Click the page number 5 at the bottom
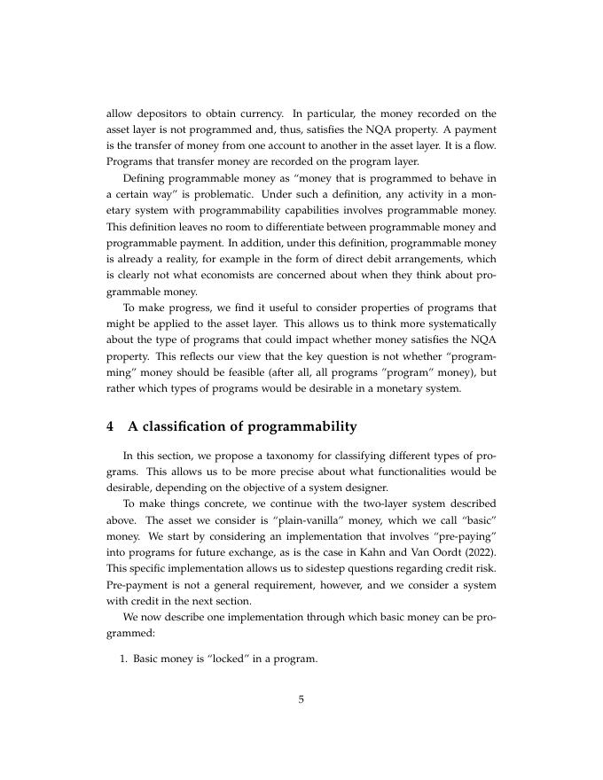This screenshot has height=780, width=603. click(301, 699)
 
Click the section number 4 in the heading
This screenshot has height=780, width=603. click(110, 426)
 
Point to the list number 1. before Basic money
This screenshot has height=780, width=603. click(124, 659)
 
